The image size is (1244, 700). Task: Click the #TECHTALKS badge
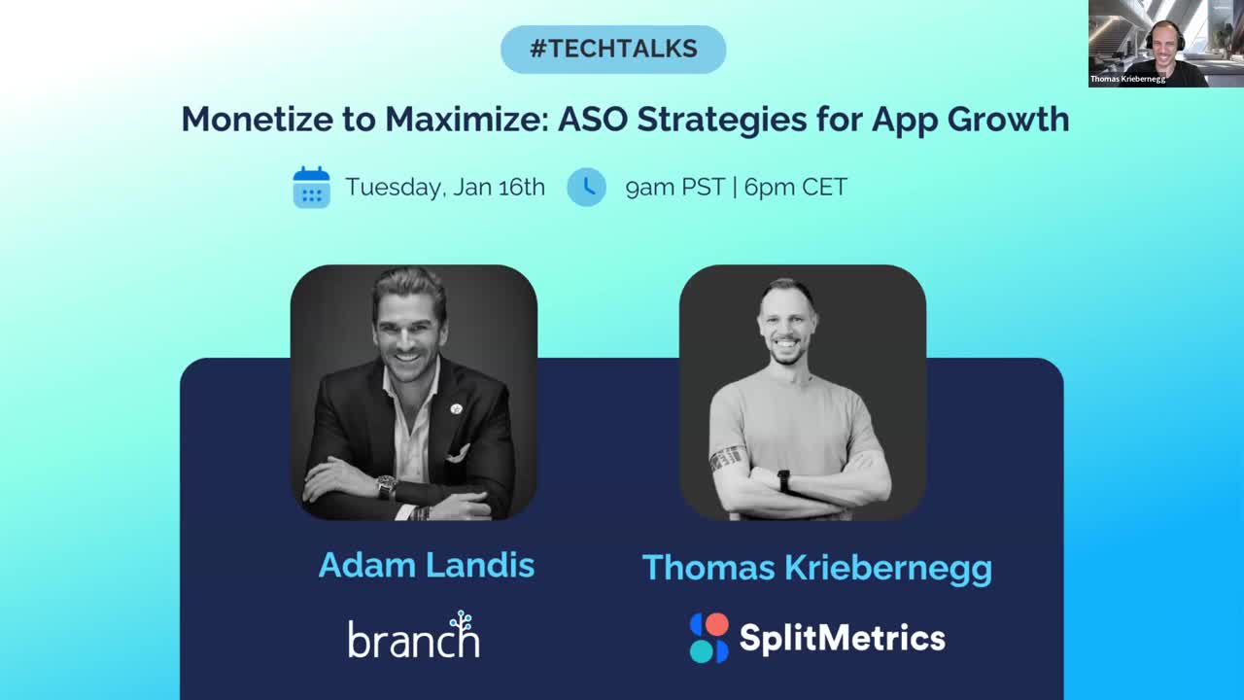tap(613, 50)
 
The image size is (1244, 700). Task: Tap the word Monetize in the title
tap(258, 119)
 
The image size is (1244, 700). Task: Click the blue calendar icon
tap(312, 187)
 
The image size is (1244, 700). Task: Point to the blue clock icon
tap(586, 188)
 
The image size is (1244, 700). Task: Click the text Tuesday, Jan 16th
tap(445, 188)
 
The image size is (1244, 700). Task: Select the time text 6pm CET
tap(795, 188)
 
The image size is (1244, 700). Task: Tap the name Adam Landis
tap(427, 565)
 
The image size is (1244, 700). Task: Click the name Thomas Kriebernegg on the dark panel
tap(817, 569)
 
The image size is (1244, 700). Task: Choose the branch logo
tap(414, 635)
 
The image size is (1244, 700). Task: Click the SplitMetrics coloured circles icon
tap(709, 638)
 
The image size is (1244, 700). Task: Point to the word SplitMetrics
tap(842, 638)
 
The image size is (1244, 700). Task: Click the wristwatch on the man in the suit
tap(386, 487)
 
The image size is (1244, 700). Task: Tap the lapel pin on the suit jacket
tap(457, 409)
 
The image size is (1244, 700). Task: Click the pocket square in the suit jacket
tap(460, 453)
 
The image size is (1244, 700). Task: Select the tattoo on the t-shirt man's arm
tap(725, 459)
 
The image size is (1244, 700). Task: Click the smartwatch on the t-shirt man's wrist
tap(783, 481)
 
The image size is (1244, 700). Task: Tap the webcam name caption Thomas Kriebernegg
tap(1127, 79)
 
